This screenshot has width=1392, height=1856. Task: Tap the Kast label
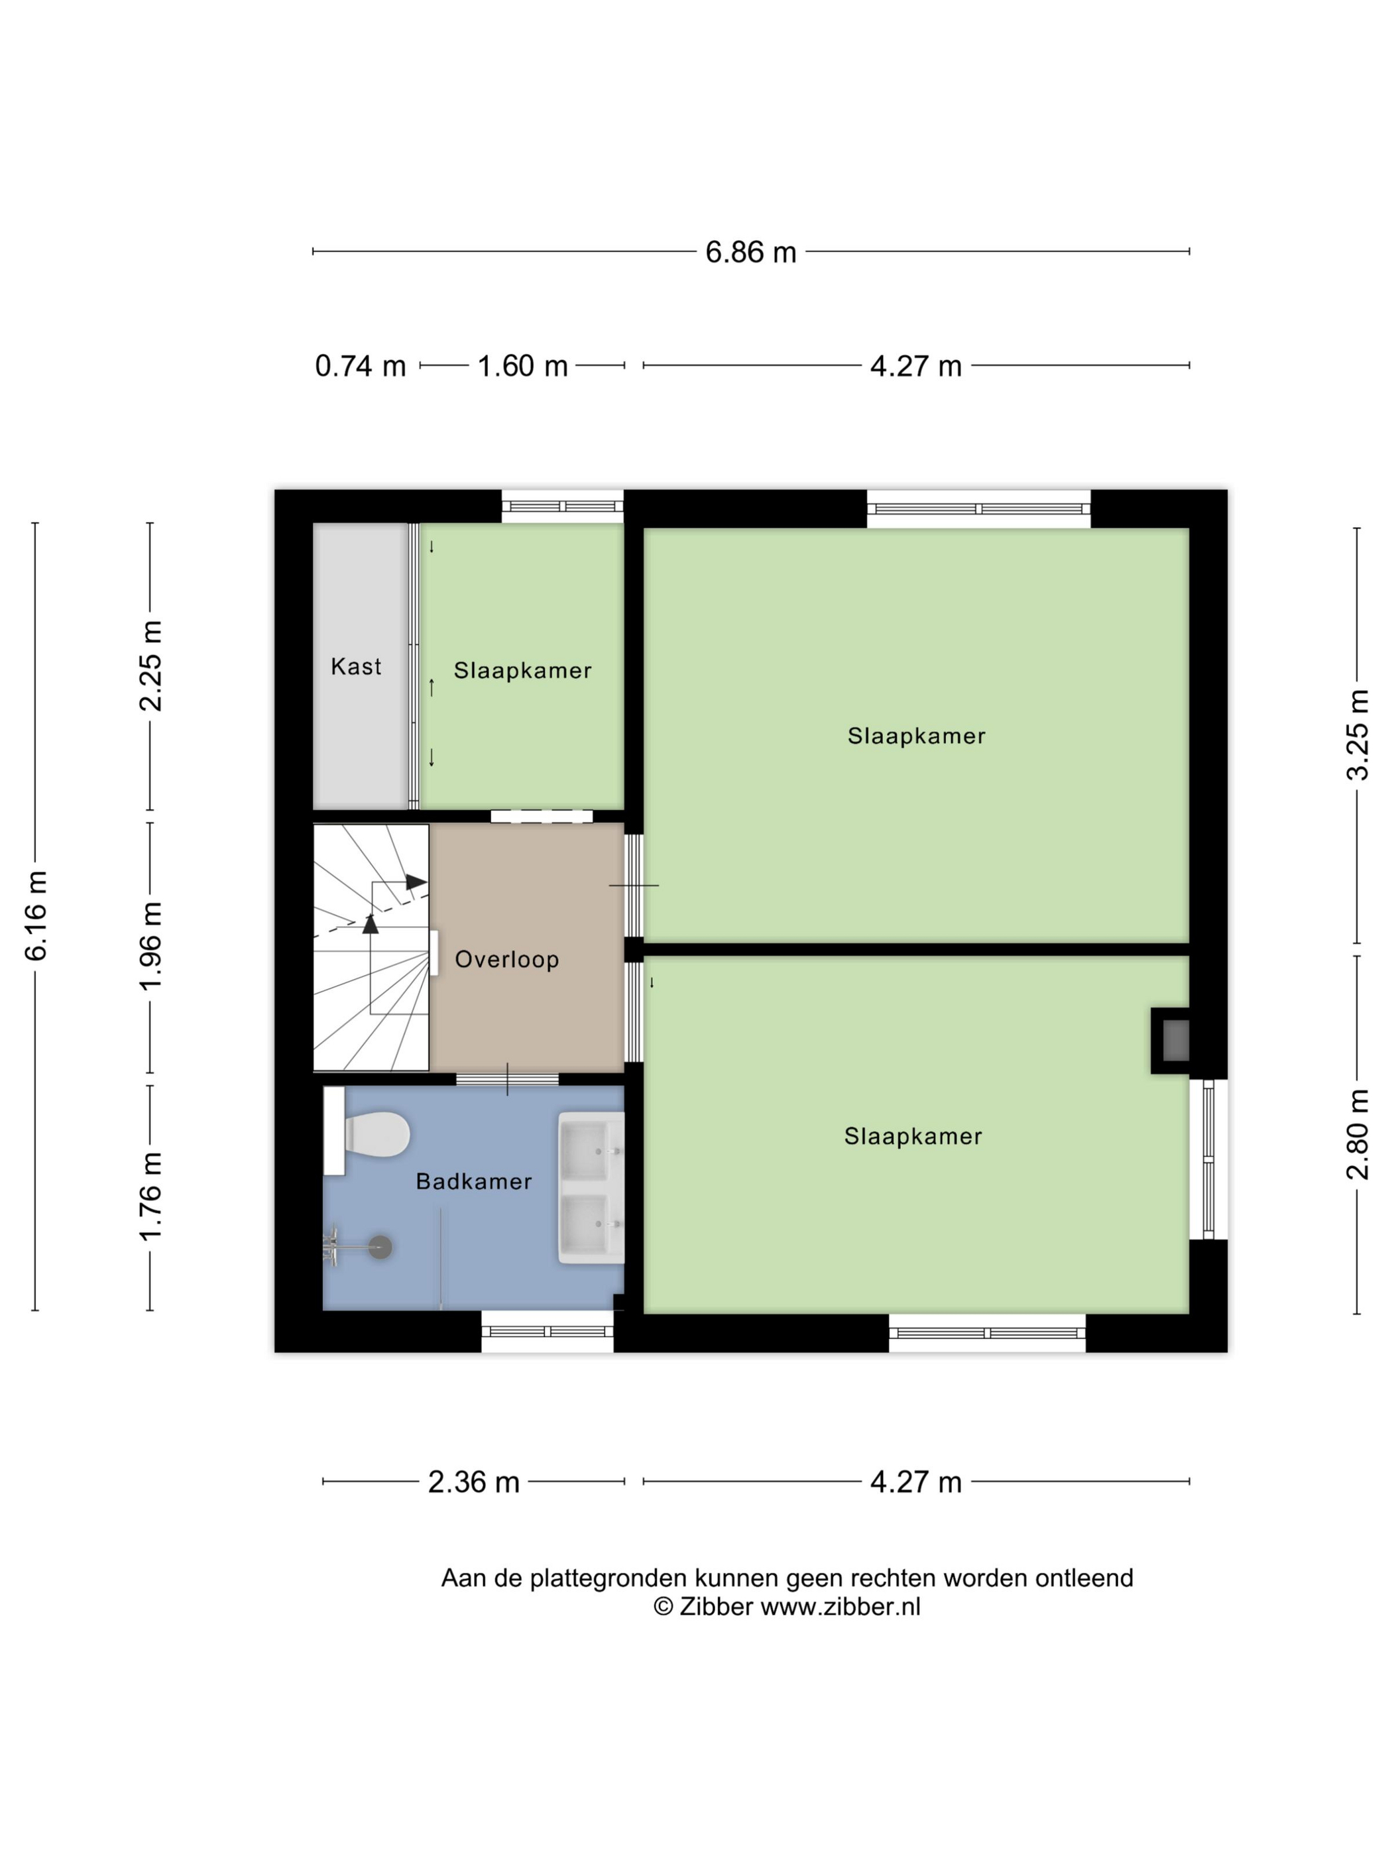356,666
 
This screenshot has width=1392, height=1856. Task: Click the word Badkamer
474,1181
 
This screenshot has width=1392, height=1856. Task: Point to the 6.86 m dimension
750,252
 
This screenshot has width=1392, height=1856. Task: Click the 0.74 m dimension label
360,366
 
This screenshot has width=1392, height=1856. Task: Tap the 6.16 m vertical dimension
36,915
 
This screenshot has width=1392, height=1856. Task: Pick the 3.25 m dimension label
1357,735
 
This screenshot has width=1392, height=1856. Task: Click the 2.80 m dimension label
1357,1134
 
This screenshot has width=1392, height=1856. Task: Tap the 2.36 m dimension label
473,1481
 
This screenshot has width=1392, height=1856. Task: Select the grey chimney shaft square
1175,1041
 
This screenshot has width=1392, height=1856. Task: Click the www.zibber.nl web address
840,1607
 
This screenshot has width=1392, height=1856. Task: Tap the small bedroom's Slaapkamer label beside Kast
523,670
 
